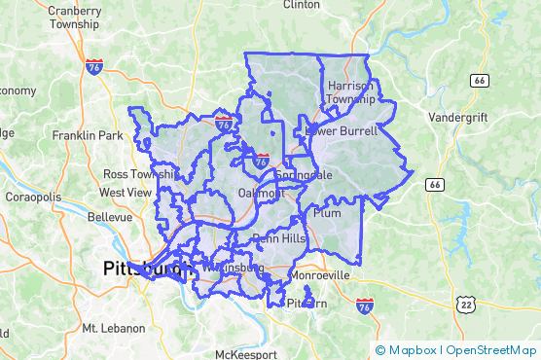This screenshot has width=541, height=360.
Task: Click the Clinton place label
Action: point(301,5)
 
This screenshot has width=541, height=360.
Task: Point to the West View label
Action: point(126,193)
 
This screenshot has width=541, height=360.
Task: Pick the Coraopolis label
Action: point(31,197)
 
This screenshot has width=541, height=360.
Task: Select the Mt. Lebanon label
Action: point(114,328)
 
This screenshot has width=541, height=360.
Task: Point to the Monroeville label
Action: point(319,275)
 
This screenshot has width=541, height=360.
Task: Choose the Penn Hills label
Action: point(278,238)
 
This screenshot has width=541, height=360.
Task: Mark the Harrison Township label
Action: point(350,92)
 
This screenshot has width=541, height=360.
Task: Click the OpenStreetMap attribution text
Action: point(492,350)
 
